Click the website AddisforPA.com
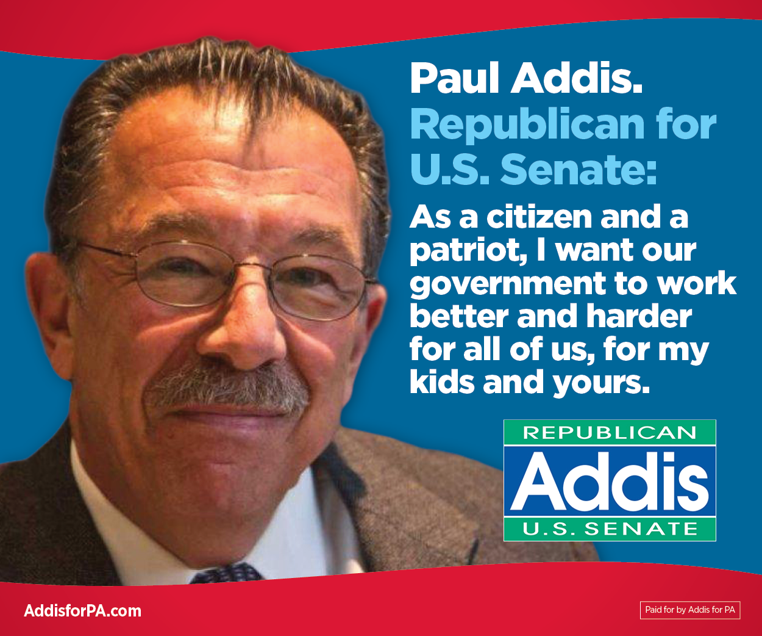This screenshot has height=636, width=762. coord(82,611)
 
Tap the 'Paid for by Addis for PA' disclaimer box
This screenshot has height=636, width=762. coord(689,610)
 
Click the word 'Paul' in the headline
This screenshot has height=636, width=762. coord(455,79)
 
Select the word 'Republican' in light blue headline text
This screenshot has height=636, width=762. coord(527,125)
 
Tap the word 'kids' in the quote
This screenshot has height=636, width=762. coord(441,382)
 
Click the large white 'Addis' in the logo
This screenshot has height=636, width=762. coord(610,482)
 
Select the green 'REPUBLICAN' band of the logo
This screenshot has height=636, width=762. coord(610,433)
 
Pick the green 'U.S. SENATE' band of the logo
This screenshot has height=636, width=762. coord(610,529)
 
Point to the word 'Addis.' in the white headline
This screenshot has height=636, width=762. coord(577,79)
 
